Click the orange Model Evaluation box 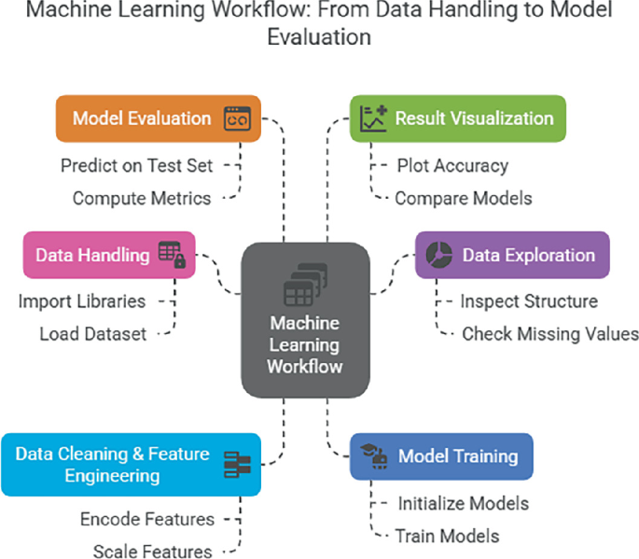click(x=157, y=119)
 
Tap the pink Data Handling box click(x=110, y=255)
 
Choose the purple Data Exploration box click(x=512, y=255)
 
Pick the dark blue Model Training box click(x=440, y=456)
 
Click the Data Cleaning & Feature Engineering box click(x=130, y=464)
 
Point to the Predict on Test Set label click(x=137, y=166)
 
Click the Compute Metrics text click(x=143, y=198)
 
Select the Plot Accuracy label click(x=452, y=166)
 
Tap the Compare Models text click(x=464, y=198)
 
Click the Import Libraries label click(x=82, y=301)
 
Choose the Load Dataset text click(x=93, y=333)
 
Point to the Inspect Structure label click(x=529, y=301)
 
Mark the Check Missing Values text click(x=550, y=333)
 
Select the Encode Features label click(x=147, y=519)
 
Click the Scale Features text click(x=153, y=551)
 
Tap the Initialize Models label click(x=464, y=504)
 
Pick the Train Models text click(x=448, y=536)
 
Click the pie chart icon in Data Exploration click(x=438, y=255)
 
